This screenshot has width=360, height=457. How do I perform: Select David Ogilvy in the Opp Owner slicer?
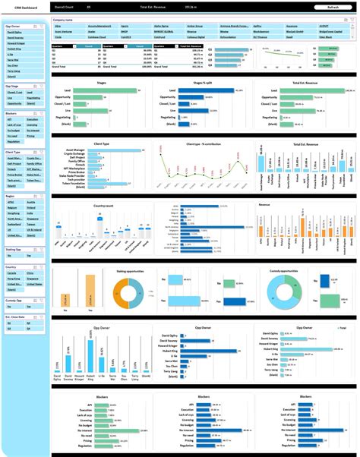[14, 33]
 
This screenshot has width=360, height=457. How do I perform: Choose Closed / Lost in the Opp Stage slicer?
[14, 92]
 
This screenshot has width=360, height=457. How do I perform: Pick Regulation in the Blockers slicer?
[14, 141]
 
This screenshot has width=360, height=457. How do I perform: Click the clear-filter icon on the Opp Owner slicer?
[45, 25]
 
